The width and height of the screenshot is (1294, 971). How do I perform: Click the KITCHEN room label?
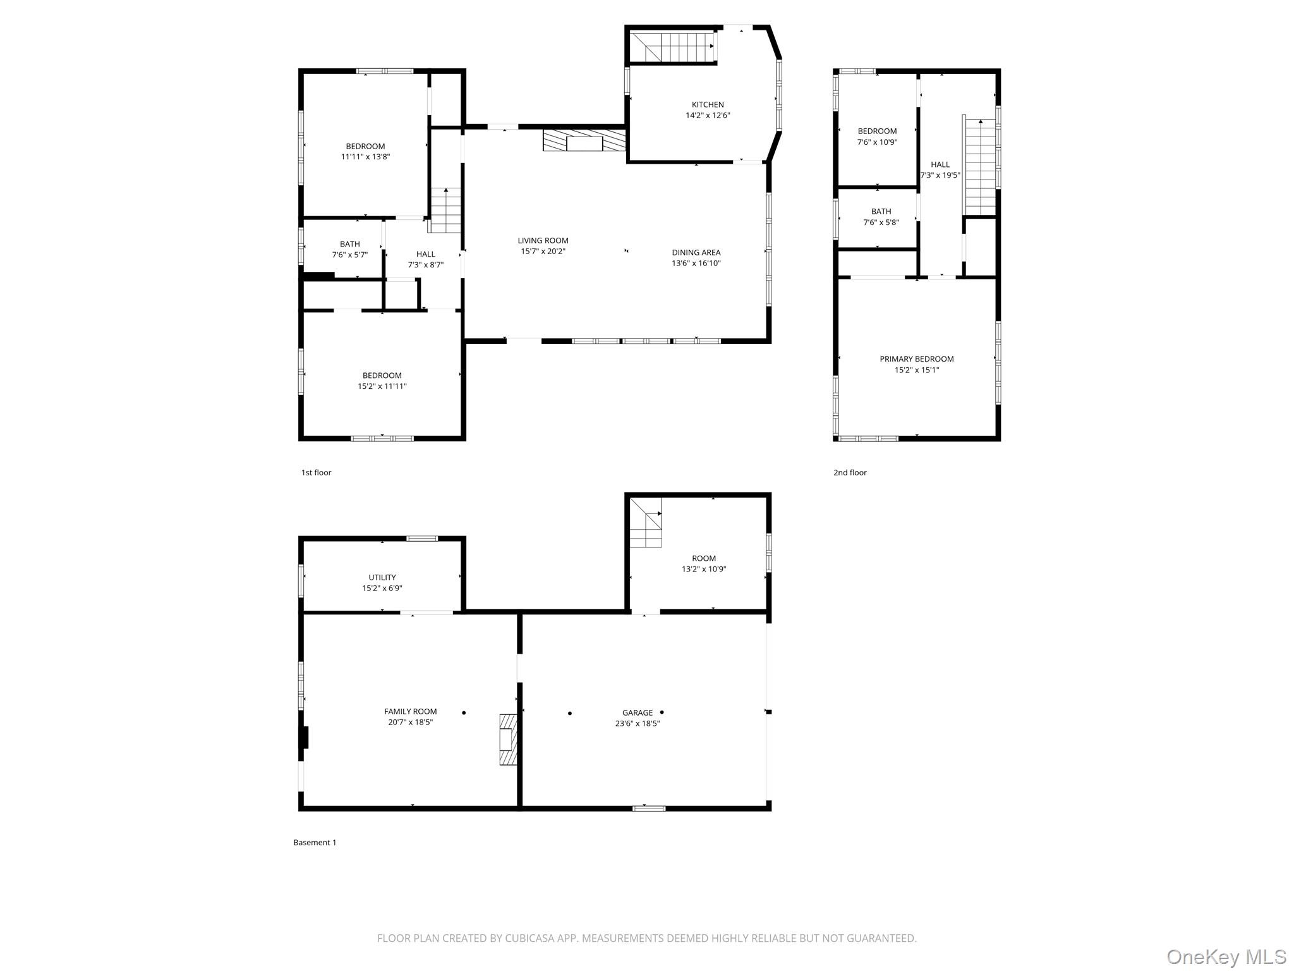point(707,105)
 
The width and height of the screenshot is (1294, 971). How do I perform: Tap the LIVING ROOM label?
point(543,240)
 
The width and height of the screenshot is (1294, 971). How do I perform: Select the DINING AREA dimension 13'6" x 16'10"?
point(696,264)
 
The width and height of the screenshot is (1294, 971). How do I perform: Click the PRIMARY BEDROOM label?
point(916,359)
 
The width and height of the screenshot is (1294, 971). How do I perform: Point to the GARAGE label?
point(637,712)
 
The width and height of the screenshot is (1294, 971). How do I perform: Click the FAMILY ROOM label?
point(410,711)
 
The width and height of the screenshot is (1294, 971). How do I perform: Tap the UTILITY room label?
point(382,577)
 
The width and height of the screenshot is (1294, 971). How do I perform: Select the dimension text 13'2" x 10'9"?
point(703,569)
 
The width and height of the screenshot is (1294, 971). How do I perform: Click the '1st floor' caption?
point(316,472)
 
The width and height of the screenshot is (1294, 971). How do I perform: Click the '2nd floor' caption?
point(850,472)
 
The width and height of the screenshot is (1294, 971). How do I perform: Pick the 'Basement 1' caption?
point(315,842)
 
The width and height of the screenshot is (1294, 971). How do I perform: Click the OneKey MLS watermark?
point(1226,956)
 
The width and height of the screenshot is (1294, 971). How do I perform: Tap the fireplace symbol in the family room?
point(508,740)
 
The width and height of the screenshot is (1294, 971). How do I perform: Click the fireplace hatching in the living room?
point(584,141)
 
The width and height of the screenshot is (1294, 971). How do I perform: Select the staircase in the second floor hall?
point(980,168)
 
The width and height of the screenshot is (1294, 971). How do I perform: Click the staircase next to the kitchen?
point(673,46)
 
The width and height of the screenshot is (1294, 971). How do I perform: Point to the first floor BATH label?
point(349,244)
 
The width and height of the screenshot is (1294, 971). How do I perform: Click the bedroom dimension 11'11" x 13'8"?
point(365,157)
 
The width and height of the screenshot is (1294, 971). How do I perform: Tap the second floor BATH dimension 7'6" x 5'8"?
point(881,223)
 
